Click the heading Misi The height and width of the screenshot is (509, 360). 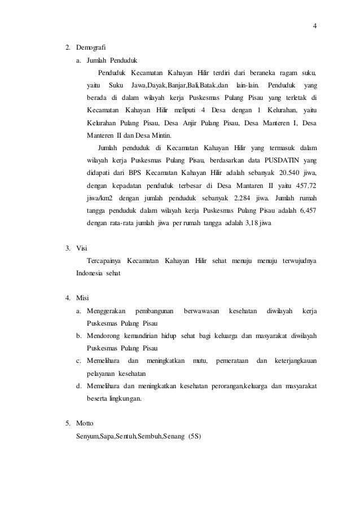[x=83, y=298]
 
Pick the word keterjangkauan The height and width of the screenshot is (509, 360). [x=295, y=361]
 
